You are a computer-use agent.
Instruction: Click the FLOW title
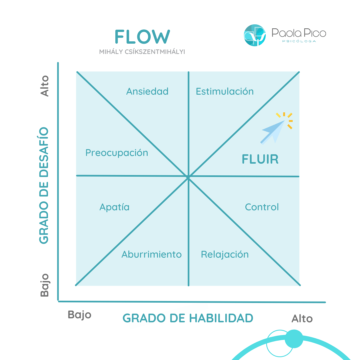[x=142, y=37]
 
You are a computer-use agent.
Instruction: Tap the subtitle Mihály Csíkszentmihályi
[x=142, y=52]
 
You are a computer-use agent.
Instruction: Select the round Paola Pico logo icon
[x=255, y=35]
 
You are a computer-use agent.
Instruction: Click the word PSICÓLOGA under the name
[x=299, y=41]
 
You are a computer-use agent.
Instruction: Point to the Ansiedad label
[x=147, y=91]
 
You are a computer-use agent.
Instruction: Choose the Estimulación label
[x=225, y=91]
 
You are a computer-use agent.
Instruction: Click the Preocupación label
[x=117, y=153]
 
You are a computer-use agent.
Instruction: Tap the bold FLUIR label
[x=260, y=159]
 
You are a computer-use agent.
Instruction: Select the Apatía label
[x=114, y=207]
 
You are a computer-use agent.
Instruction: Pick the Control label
[x=262, y=207]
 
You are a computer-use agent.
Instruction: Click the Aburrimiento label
[x=152, y=254]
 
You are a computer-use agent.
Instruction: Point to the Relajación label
[x=225, y=255]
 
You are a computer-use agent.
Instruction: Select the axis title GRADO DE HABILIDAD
[x=188, y=318]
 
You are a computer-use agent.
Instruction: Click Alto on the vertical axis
[x=44, y=86]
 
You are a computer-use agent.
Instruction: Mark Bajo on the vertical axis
[x=44, y=285]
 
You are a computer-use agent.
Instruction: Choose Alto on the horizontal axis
[x=302, y=319]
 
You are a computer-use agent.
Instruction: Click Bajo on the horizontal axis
[x=80, y=314]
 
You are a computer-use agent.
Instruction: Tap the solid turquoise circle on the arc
[x=294, y=339]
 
